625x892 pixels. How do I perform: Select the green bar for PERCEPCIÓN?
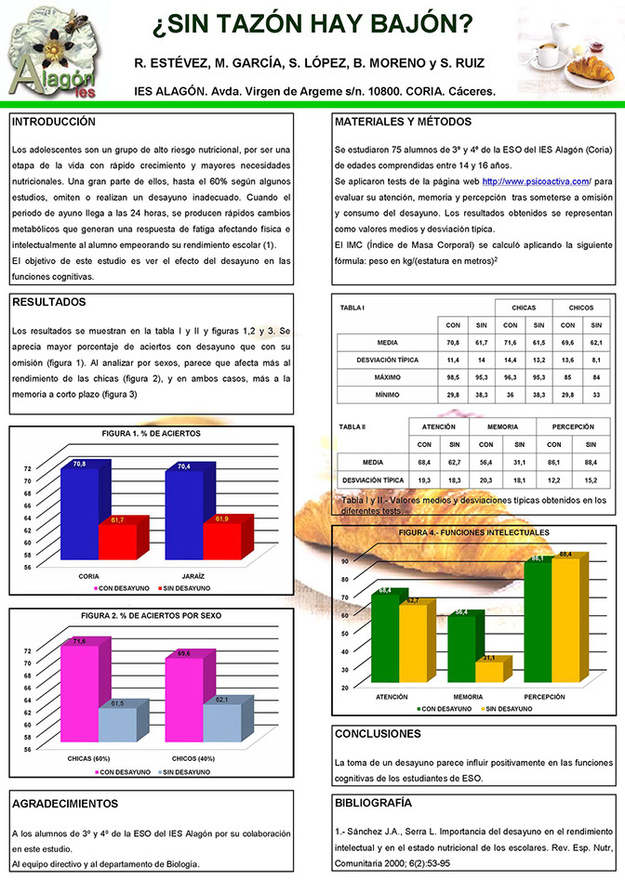(537, 623)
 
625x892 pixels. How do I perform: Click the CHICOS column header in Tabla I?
(580, 307)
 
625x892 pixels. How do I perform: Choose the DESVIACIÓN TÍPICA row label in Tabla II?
(371, 479)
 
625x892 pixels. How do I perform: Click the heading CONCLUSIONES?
(377, 734)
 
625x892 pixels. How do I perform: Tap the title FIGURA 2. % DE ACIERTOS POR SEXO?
(151, 616)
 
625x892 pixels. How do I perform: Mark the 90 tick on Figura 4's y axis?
(344, 561)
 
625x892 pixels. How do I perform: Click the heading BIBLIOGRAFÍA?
(372, 802)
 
